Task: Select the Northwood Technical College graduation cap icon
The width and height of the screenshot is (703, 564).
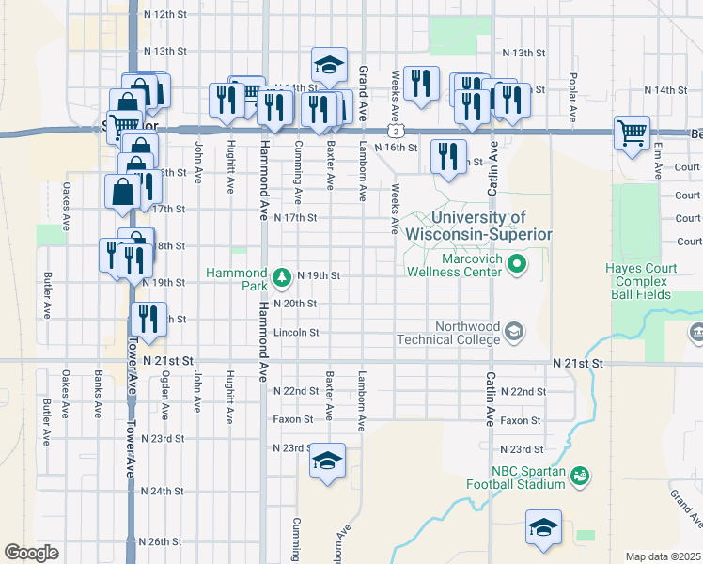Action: pos(514,330)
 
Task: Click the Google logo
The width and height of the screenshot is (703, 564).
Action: pos(31,553)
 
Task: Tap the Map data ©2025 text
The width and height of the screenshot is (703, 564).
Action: pos(663,556)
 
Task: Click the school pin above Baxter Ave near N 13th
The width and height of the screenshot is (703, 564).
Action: pos(329,64)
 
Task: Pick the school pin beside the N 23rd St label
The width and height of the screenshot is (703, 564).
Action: pos(327,461)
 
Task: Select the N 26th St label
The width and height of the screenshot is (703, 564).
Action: pos(160,542)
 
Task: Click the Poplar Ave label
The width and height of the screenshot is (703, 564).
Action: pos(573,91)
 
